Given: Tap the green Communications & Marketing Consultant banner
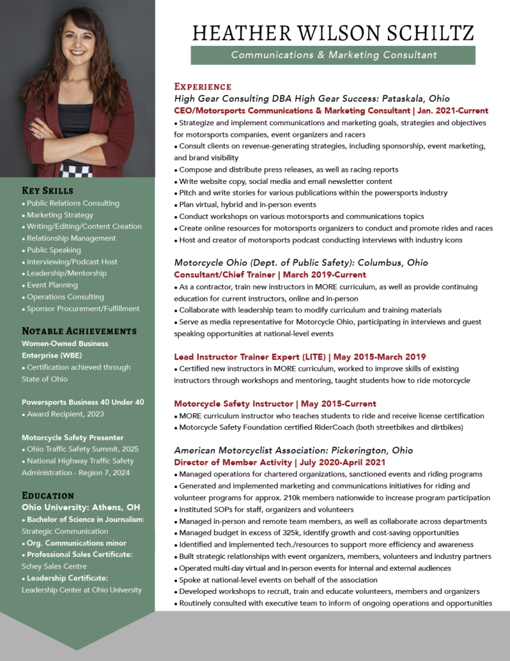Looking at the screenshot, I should pos(333,55).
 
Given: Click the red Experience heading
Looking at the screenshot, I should pos(203,86).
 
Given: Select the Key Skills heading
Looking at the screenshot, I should pos(48,190).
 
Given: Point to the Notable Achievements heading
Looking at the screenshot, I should pos(79,331).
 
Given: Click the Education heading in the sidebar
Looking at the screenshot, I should pos(48,495).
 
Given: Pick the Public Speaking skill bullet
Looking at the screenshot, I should pos(54,250).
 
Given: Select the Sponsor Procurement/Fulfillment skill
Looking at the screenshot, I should pos(83,309).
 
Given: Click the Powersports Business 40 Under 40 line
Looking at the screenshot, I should pos(83,402).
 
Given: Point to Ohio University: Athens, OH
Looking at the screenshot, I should pos(81,507).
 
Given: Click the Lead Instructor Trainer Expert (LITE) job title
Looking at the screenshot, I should pos(300,356).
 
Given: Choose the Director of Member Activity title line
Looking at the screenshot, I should pos(280,462).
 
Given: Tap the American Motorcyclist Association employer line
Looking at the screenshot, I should pos(293,450).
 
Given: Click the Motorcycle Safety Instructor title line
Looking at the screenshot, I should pos(275,403).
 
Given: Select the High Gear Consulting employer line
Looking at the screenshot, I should pos(312,99).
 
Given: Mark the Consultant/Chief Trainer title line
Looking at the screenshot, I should pos(270,274).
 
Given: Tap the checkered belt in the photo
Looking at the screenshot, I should pos(76,169).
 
